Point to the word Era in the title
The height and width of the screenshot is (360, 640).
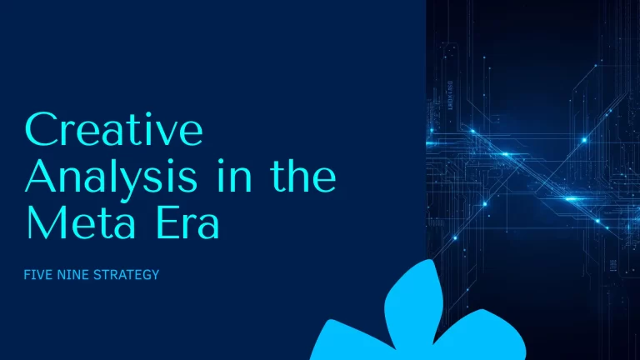(189, 222)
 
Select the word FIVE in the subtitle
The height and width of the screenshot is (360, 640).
(42, 273)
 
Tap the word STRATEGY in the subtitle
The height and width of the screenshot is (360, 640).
(126, 273)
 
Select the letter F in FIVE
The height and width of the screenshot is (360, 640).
(30, 273)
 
